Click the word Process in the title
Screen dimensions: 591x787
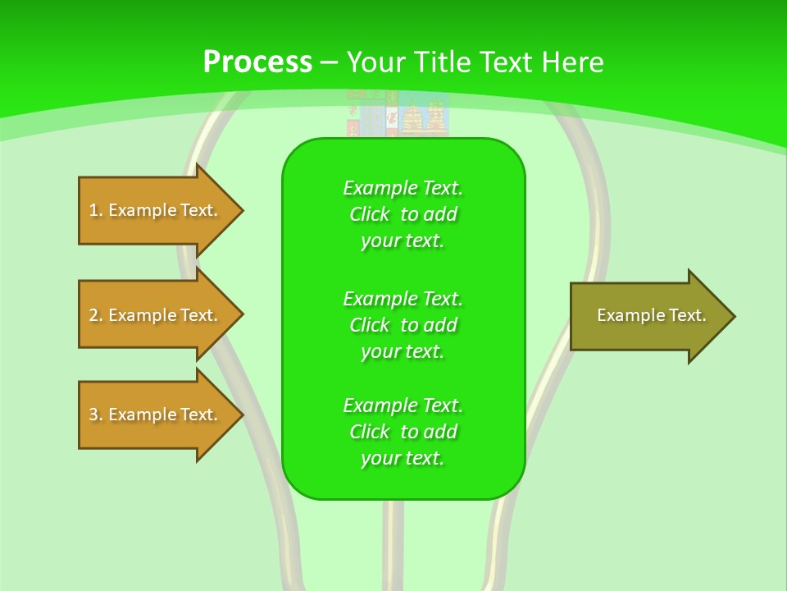pyautogui.click(x=257, y=62)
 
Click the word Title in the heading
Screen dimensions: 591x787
pyautogui.click(x=441, y=62)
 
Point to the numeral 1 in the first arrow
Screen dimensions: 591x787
pyautogui.click(x=93, y=210)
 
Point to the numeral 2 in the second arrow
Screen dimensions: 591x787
pyautogui.click(x=93, y=315)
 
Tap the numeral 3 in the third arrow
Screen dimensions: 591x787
pyautogui.click(x=93, y=415)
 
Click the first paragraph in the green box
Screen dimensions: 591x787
pyautogui.click(x=403, y=214)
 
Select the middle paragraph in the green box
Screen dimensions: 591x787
pyautogui.click(x=403, y=324)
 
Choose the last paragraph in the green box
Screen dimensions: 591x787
pyautogui.click(x=403, y=432)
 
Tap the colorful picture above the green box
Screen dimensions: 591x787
pyautogui.click(x=398, y=113)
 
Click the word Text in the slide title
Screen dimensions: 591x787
pyautogui.click(x=505, y=62)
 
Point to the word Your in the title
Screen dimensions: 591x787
pyautogui.click(x=375, y=62)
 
